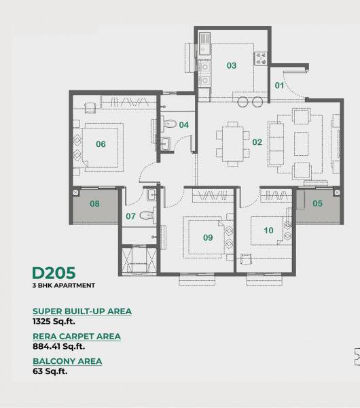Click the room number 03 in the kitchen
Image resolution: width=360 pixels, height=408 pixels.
click(x=232, y=66)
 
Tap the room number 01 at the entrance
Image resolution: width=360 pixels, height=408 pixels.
click(x=279, y=85)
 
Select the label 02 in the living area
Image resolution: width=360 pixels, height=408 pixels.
click(x=257, y=142)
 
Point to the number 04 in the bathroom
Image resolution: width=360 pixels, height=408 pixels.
click(x=183, y=124)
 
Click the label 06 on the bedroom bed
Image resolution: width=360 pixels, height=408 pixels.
click(x=101, y=143)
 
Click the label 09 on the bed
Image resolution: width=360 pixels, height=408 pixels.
click(x=208, y=237)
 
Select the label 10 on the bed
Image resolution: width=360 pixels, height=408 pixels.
click(x=268, y=231)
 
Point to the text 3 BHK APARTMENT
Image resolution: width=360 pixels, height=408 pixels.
click(x=64, y=286)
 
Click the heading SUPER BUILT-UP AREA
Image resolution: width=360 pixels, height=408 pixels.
click(x=82, y=311)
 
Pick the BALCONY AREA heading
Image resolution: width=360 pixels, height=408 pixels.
click(x=67, y=361)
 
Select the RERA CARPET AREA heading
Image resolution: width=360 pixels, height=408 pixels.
click(x=77, y=336)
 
